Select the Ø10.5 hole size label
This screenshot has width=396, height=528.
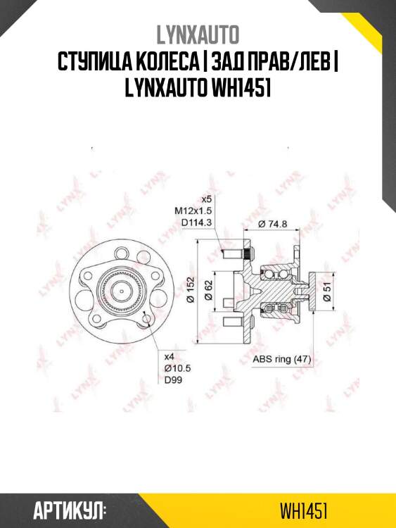(172, 367)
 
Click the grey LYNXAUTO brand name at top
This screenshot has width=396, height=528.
(198, 34)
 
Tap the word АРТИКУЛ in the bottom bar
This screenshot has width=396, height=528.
(70, 509)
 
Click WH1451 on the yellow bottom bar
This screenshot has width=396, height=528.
(303, 509)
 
